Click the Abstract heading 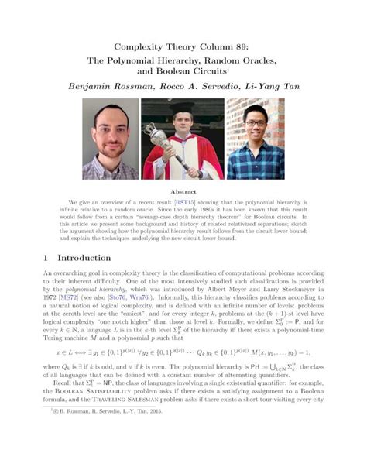coord(183,190)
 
